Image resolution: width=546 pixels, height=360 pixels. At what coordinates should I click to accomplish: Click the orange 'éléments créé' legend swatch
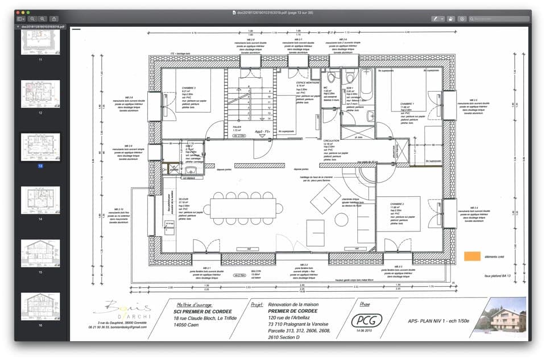pyautogui.click(x=472, y=256)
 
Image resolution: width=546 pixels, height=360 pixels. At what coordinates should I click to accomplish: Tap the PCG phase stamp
pyautogui.click(x=366, y=320)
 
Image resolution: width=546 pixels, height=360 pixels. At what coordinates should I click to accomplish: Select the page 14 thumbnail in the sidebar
pyautogui.click(x=40, y=200)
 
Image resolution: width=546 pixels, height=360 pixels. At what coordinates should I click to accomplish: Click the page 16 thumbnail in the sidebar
pyautogui.click(x=40, y=306)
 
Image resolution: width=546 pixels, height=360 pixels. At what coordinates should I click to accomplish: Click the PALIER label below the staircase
pyautogui.click(x=238, y=127)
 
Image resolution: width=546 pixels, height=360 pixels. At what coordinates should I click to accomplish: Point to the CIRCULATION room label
pyautogui.click(x=331, y=140)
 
